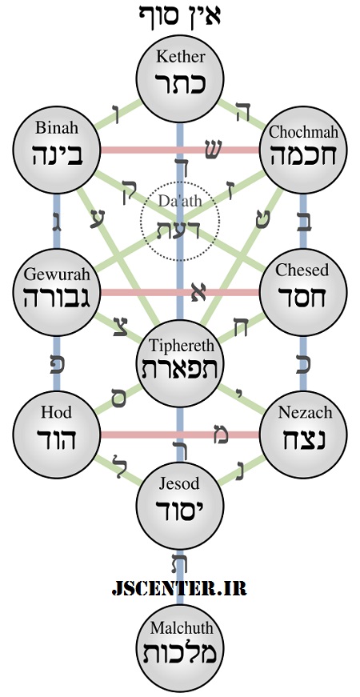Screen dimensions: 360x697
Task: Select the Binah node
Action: point(56,150)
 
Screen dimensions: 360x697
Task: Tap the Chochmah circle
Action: point(303,150)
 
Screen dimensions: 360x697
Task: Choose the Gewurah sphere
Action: point(56,292)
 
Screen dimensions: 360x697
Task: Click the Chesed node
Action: point(303,292)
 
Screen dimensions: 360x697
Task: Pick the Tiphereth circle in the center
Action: point(179,363)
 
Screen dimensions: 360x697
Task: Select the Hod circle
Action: point(56,435)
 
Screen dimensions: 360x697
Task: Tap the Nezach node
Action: point(303,435)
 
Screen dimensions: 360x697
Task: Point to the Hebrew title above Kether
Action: point(179,14)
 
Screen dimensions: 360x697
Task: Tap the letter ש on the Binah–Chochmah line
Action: point(211,148)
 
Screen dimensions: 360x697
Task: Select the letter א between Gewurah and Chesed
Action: point(198,292)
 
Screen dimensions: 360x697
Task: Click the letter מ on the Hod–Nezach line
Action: point(221,434)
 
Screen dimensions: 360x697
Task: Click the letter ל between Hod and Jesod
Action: point(118,466)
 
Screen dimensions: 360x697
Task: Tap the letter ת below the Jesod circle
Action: point(179,563)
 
